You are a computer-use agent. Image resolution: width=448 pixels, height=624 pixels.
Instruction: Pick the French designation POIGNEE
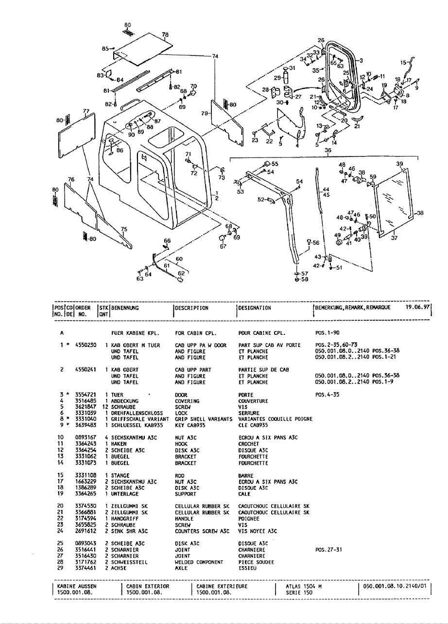pos(248,518)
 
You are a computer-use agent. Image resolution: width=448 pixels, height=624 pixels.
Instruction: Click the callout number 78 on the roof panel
pos(165,35)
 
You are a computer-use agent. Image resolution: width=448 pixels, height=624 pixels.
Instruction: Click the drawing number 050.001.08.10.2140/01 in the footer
pos(395,587)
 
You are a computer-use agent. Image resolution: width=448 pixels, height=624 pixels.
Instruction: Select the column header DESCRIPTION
pos(191,308)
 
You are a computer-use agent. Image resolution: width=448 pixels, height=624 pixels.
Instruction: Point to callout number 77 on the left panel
pos(86,111)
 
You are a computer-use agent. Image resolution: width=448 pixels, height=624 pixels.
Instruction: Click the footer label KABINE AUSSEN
pos(74,587)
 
